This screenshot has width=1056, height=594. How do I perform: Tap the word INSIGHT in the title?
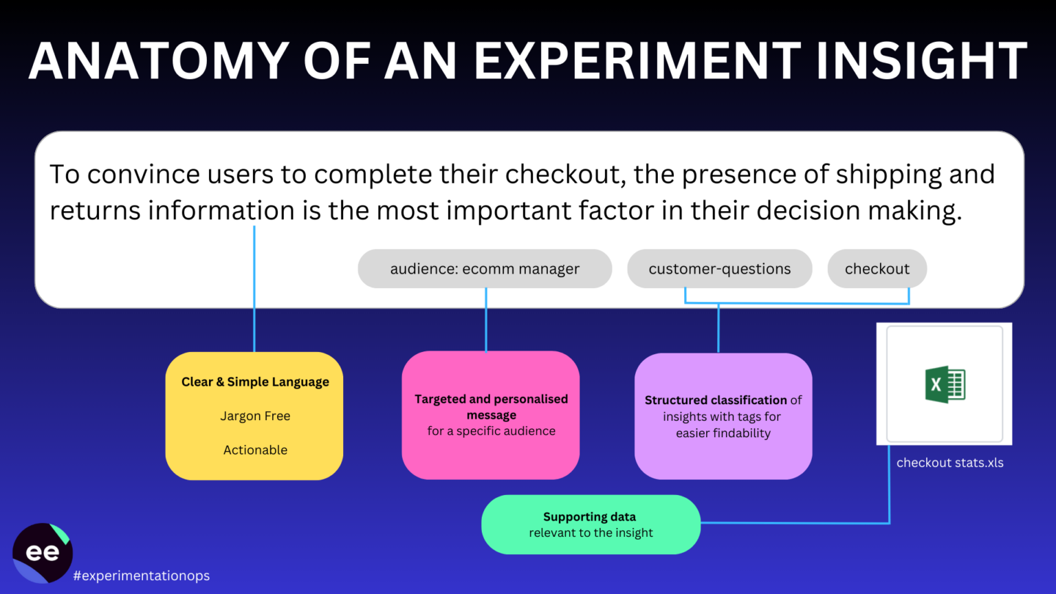[921, 62]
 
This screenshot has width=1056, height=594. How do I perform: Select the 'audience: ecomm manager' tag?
[485, 269]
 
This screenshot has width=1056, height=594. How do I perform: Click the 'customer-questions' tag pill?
[719, 269]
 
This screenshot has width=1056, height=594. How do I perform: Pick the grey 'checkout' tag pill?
[877, 269]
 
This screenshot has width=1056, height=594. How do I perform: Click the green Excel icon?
[945, 384]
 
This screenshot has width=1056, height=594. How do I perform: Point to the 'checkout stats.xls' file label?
[949, 463]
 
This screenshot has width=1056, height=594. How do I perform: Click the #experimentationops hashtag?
[142, 575]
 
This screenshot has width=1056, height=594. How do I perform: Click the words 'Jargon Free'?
[255, 416]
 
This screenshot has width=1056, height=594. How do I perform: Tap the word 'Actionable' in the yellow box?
[255, 450]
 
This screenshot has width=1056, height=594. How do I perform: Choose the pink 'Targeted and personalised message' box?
[491, 415]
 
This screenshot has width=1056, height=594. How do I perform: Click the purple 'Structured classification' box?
[723, 416]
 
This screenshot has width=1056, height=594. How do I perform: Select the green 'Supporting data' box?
[591, 525]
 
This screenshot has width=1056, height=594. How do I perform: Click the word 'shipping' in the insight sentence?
[888, 175]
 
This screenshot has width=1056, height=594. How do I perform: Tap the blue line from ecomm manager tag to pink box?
[486, 320]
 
